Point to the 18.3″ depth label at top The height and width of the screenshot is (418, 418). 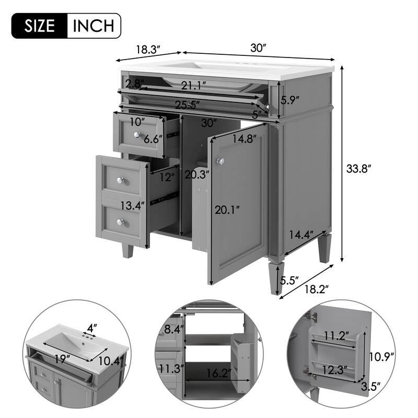(148, 50)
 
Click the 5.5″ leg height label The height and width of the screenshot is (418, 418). (289, 281)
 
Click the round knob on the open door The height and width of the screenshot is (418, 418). (221, 161)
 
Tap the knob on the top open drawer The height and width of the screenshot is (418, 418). (137, 135)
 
